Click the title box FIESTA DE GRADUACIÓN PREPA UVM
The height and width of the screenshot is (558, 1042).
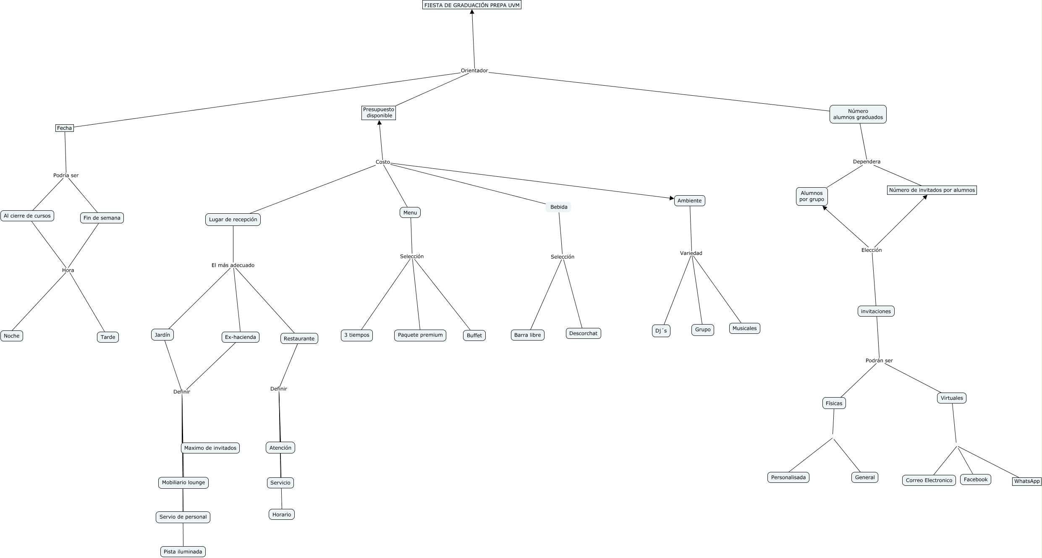(x=471, y=5)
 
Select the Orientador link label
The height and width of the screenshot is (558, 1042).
(x=474, y=71)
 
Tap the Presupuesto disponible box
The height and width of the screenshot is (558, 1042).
(x=379, y=113)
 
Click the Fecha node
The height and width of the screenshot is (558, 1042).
(x=64, y=128)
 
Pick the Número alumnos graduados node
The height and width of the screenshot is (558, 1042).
(x=858, y=114)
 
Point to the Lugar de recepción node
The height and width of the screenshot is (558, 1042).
(x=233, y=220)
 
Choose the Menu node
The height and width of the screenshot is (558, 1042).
(x=410, y=213)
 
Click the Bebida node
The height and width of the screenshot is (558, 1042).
(x=558, y=207)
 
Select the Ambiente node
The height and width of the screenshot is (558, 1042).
(x=689, y=201)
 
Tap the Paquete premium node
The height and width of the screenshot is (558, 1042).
(x=420, y=335)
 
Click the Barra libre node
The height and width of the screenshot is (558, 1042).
(x=527, y=335)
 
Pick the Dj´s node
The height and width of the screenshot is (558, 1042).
(x=661, y=331)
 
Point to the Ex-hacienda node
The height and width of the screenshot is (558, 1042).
(x=240, y=337)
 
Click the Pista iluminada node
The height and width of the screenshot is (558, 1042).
(x=183, y=552)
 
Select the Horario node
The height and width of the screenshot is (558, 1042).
(x=281, y=514)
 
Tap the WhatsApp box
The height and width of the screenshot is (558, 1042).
(x=1026, y=481)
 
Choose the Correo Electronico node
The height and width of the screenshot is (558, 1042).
(x=929, y=480)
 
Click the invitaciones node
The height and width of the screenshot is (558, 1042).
(x=876, y=311)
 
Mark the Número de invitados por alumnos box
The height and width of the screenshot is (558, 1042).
(x=932, y=190)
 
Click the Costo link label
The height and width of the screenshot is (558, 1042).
(x=382, y=162)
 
